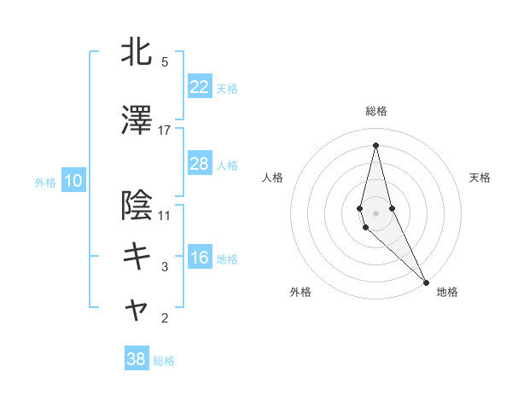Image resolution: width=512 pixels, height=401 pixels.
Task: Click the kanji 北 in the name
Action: (x=137, y=53)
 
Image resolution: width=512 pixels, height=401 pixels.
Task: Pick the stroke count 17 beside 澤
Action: (x=165, y=130)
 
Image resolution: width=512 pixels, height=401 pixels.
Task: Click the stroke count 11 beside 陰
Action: (x=165, y=214)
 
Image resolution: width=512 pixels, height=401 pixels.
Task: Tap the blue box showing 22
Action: (x=199, y=87)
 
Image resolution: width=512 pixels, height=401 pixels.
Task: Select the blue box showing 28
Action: (x=199, y=164)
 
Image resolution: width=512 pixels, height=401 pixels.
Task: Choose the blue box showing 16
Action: (x=199, y=258)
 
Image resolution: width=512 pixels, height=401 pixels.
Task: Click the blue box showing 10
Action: (x=73, y=181)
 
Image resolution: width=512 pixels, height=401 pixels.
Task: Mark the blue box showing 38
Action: (x=137, y=359)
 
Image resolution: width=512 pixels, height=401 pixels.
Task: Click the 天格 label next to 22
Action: (x=227, y=88)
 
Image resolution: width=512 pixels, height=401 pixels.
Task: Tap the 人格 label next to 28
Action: (x=227, y=165)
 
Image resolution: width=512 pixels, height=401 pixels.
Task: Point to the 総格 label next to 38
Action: (x=164, y=360)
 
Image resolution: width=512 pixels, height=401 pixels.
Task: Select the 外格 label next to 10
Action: (x=45, y=182)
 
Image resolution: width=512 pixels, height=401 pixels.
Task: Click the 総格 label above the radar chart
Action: (x=375, y=111)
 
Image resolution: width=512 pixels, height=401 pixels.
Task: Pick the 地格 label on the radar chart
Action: (x=447, y=292)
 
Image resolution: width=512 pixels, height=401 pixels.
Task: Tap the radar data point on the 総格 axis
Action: (x=375, y=145)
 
